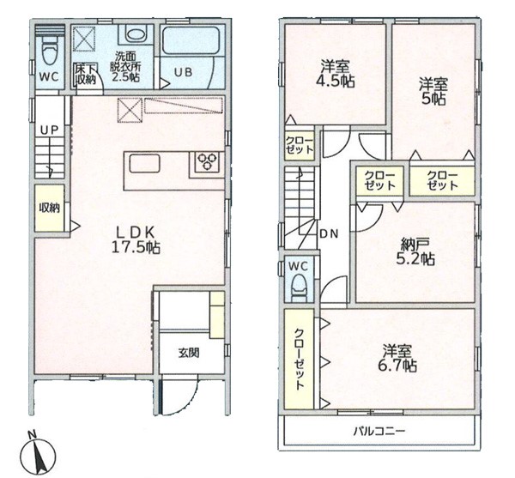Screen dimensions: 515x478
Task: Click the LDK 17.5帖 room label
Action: pos(136,240)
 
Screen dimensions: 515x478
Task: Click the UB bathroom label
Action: pos(183,72)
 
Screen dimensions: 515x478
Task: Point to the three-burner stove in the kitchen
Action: pos(207,162)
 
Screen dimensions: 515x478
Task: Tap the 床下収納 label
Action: pos(86,75)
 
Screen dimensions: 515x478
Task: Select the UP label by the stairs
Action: pos(49,130)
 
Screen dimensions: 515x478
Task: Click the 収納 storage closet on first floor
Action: pos(50,209)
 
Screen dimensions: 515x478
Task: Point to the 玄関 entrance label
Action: pos(189,353)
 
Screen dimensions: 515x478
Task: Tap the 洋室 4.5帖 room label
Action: pos(336,75)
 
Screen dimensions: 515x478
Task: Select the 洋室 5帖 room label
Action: pos(433,91)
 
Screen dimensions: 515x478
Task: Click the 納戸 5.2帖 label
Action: pos(415,251)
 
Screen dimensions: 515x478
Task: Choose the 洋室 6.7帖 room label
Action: pos(397,358)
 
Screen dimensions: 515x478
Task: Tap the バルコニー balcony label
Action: pos(379,431)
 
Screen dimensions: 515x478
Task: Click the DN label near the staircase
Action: pos(329,233)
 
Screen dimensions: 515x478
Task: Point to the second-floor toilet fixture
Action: pos(299,288)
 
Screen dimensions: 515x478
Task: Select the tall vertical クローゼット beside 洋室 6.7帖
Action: pos(300,360)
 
